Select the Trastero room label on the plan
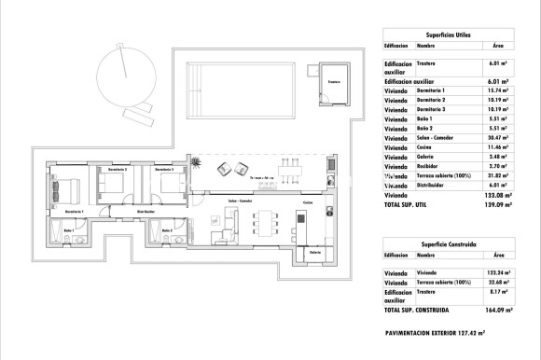click(333, 83)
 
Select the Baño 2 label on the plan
click(166, 229)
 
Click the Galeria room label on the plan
click(315, 252)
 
